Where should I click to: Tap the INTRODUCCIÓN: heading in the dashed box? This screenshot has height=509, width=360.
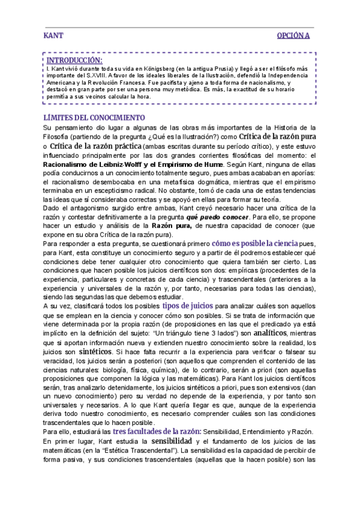coord(74,60)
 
